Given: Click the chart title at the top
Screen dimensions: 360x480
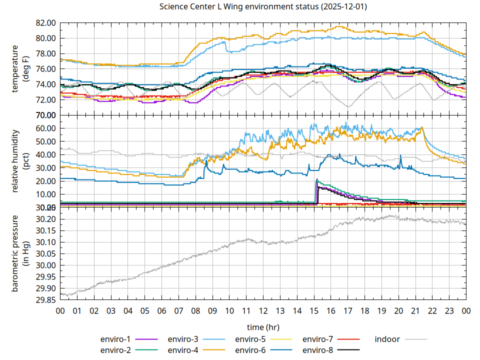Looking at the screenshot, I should click(262, 6).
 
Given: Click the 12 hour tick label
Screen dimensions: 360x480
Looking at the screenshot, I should click(263, 310).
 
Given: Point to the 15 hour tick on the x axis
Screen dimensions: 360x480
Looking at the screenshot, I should click(314, 310).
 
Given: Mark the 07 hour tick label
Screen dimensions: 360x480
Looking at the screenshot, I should click(178, 310).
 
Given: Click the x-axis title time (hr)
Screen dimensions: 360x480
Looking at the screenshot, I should click(263, 327).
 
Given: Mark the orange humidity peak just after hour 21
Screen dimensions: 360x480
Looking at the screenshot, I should click(422, 127).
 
